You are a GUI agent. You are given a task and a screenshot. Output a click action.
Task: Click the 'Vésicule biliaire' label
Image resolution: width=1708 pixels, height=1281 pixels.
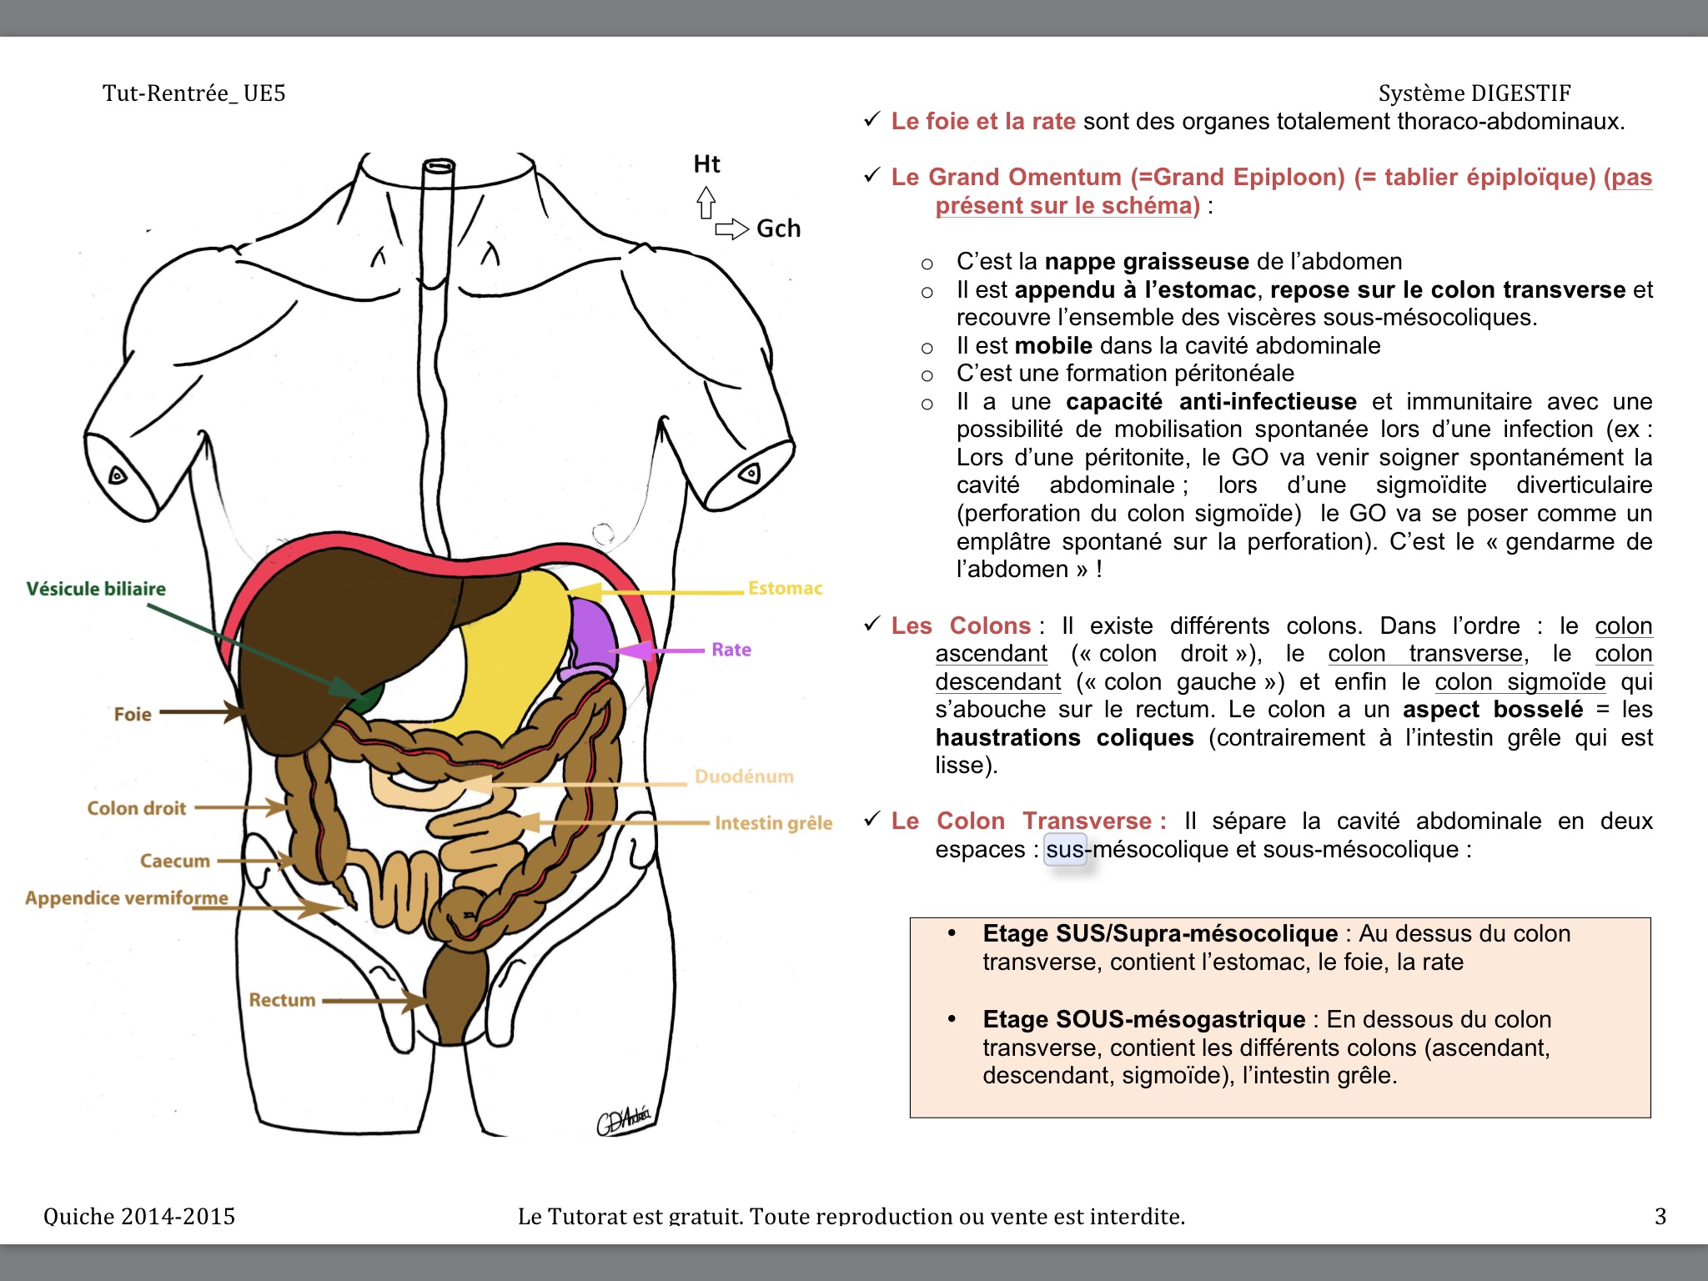(x=96, y=589)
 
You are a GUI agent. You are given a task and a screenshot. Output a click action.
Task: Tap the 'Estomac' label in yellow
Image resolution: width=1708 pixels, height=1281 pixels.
(x=785, y=588)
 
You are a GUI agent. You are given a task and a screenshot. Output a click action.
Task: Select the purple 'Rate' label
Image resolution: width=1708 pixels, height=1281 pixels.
(x=731, y=650)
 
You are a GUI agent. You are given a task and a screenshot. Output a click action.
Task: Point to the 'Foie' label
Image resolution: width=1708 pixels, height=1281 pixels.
(x=133, y=714)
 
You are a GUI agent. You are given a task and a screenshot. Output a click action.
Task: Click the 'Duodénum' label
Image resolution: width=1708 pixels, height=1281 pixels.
(x=744, y=776)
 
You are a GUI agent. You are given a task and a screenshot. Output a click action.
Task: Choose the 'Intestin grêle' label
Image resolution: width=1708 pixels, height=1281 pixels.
(x=773, y=823)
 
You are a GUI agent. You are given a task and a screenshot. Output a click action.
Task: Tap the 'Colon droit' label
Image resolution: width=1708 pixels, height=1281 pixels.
(x=137, y=808)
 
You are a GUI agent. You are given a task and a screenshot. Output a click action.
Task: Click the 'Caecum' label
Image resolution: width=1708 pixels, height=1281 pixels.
(x=175, y=861)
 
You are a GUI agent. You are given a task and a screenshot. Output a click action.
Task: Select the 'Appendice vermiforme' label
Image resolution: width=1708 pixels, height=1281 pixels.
(x=127, y=898)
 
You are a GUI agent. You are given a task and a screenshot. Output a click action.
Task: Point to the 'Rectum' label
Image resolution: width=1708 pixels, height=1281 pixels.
(x=282, y=1000)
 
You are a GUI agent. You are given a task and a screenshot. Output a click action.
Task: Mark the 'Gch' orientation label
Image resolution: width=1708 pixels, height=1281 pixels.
(x=778, y=229)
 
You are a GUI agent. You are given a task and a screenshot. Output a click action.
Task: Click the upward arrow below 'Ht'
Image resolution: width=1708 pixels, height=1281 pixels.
(x=706, y=202)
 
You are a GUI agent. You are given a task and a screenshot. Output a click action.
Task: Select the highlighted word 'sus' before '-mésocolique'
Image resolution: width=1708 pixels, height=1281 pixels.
(x=1065, y=850)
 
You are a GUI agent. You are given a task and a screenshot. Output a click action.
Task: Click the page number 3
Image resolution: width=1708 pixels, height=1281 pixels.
(x=1660, y=1216)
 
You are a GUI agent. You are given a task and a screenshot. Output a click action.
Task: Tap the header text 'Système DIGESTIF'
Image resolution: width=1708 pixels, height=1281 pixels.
(x=1474, y=93)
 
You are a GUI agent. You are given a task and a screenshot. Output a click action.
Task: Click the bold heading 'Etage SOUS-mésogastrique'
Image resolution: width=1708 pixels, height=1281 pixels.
(x=1143, y=1019)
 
